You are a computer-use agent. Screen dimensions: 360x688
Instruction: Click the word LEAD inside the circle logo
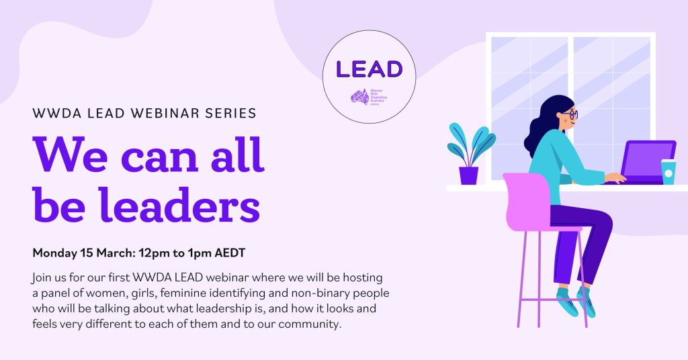pos(369,69)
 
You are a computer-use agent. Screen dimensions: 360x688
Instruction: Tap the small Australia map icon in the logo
pos(359,97)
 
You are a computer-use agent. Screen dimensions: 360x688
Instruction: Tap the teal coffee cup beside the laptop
pos(668,172)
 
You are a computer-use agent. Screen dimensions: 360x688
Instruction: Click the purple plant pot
pos(468,175)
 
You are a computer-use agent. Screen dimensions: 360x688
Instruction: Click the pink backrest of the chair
pos(525,198)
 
